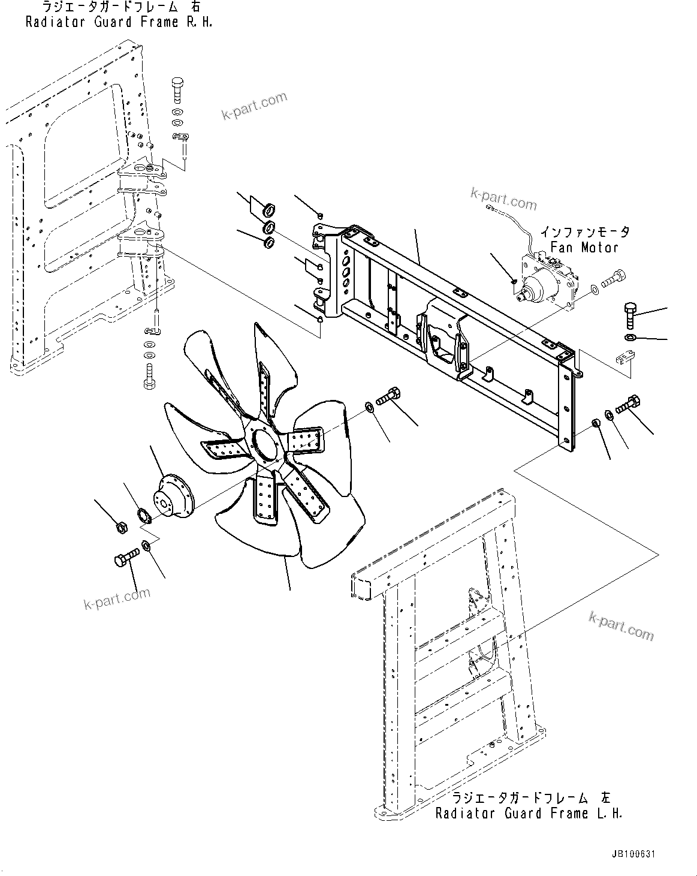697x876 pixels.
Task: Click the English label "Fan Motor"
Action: click(x=584, y=247)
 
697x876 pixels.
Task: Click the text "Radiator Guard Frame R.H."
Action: click(x=119, y=23)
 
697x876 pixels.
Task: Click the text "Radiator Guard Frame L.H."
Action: click(x=529, y=813)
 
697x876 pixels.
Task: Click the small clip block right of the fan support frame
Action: click(x=624, y=359)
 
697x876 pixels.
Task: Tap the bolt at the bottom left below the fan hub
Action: click(x=124, y=560)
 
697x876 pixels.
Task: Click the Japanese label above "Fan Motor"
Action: click(x=585, y=231)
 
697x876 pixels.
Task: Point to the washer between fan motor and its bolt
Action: click(x=593, y=290)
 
